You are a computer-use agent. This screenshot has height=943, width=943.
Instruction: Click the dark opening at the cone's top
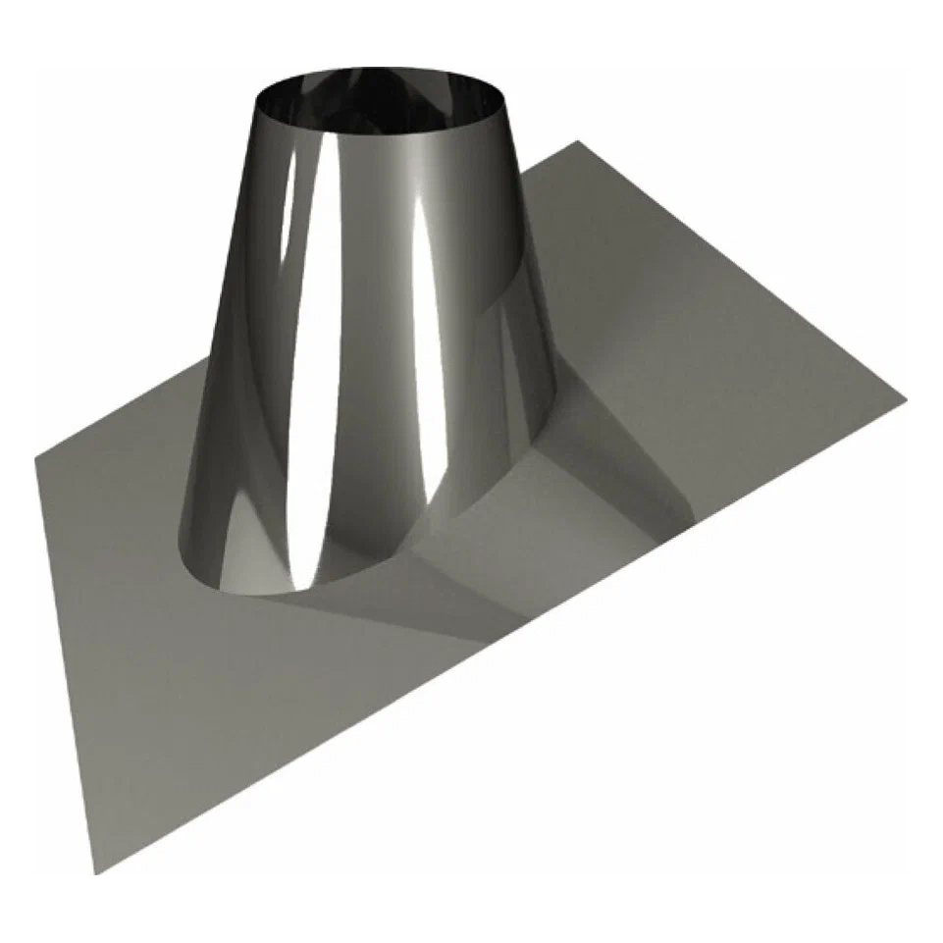381,98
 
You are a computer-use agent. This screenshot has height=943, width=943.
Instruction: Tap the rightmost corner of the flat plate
905,396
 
